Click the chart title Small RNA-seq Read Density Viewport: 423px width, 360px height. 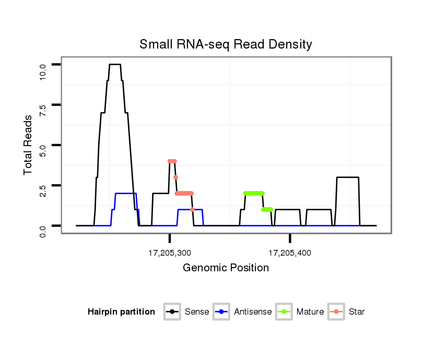point(226,44)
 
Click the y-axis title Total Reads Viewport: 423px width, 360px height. point(30,145)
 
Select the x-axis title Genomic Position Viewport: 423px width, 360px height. point(226,268)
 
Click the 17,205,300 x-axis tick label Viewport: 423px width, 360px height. point(170,254)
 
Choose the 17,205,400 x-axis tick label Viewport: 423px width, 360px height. point(290,254)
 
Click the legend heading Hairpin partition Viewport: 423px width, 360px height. point(121,312)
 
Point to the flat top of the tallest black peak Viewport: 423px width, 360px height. point(115,64)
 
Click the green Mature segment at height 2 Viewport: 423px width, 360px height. point(254,193)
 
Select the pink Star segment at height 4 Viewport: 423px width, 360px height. point(172,161)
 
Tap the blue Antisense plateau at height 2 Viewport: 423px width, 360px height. point(125,194)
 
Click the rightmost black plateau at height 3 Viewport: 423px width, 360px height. point(348,177)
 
